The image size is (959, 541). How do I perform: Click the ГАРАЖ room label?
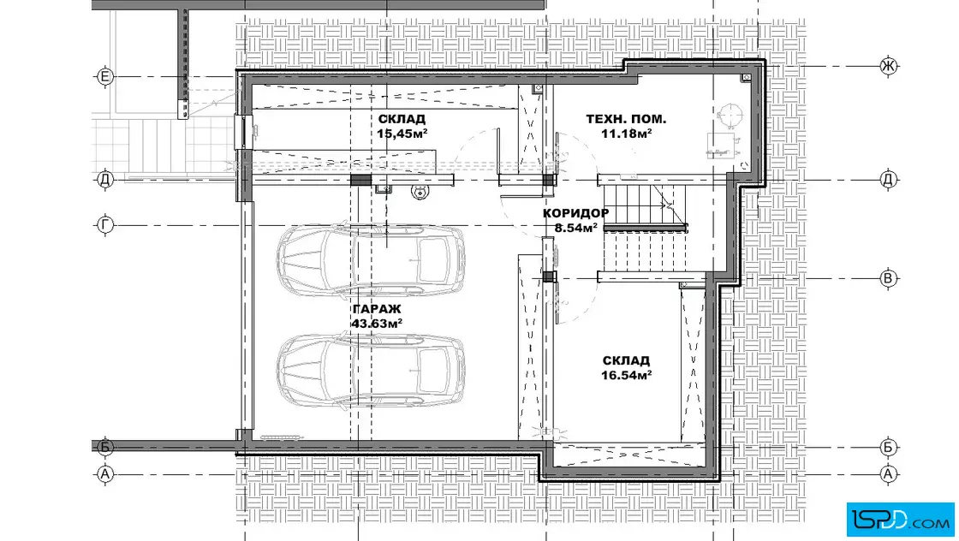tap(377, 309)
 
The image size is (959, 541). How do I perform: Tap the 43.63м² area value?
tap(377, 324)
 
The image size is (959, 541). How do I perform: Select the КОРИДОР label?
tap(575, 213)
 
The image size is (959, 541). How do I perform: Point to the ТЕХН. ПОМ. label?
tap(626, 119)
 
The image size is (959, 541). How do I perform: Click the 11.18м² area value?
tap(626, 134)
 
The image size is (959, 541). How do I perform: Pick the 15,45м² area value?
tap(402, 134)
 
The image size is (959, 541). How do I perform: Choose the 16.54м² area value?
tap(626, 375)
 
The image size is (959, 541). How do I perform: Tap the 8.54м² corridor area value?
tap(575, 228)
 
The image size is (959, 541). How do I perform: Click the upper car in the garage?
tap(371, 260)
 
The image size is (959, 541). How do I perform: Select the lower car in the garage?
tap(371, 370)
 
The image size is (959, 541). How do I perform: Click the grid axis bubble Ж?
tap(889, 65)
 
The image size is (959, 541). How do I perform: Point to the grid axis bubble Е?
tap(105, 76)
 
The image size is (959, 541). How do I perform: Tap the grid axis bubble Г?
tap(105, 225)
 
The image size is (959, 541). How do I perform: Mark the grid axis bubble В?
tap(889, 278)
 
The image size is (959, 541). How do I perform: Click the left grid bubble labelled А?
tap(105, 473)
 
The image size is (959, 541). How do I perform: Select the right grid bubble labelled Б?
tap(889, 447)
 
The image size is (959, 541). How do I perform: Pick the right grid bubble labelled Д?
tap(889, 179)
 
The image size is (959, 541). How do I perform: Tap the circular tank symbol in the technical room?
tap(730, 115)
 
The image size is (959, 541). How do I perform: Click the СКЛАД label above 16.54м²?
tap(626, 360)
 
